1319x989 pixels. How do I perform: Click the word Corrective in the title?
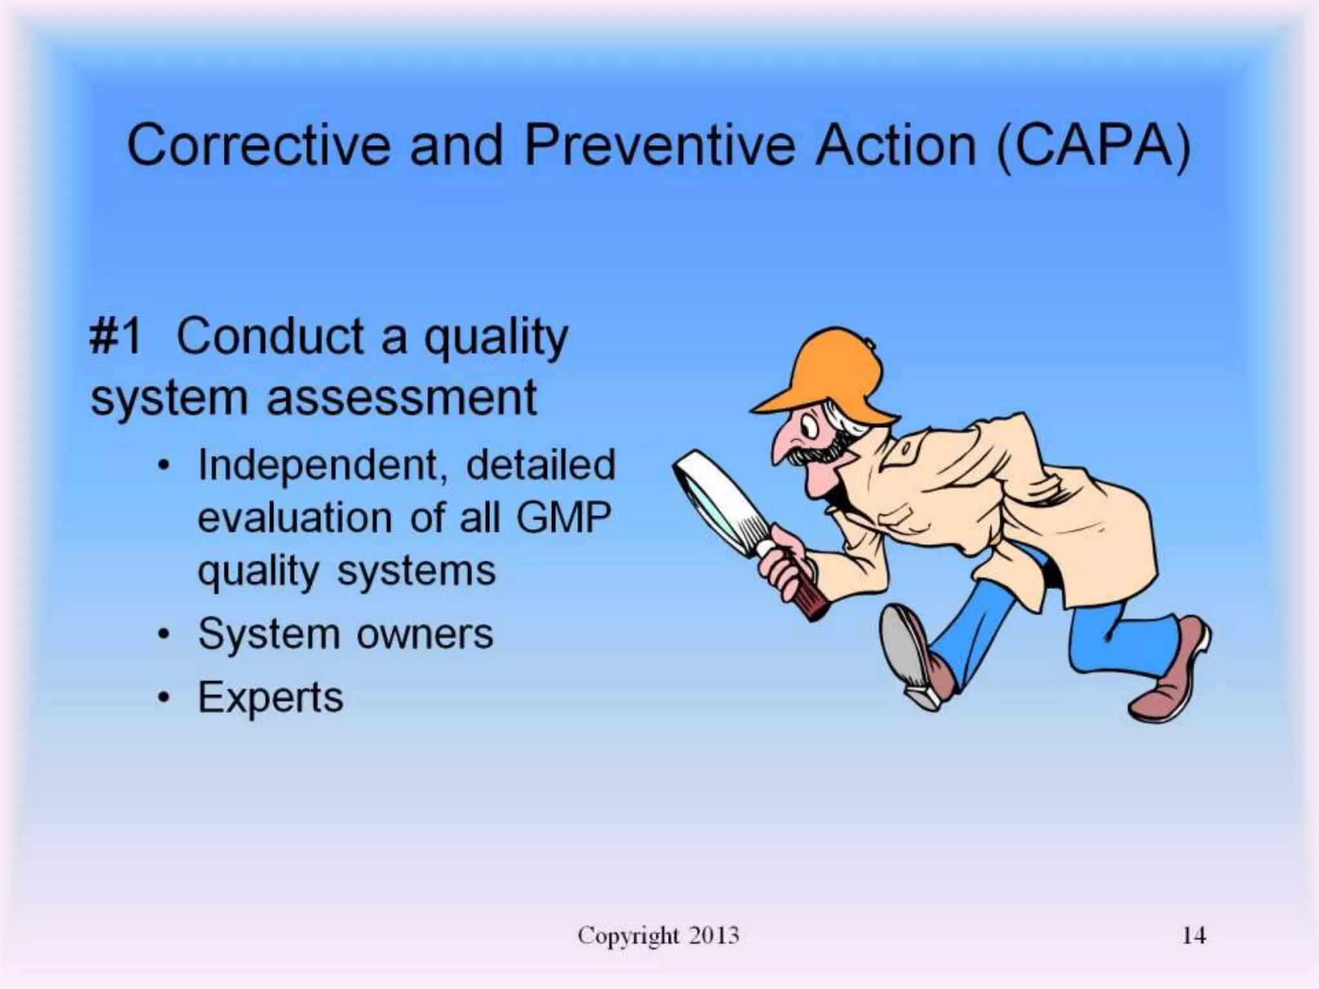(258, 146)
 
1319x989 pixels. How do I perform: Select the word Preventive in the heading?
(661, 146)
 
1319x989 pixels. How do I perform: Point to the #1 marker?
(116, 337)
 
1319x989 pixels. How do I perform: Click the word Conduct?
(270, 336)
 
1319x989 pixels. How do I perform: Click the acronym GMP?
(563, 517)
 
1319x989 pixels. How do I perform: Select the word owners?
(424, 634)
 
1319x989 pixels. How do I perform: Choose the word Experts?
(270, 697)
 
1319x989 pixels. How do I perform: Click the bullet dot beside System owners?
(166, 635)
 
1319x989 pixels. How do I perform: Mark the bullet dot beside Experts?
(166, 698)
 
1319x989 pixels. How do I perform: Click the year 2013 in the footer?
(713, 935)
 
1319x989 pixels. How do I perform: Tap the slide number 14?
(1193, 935)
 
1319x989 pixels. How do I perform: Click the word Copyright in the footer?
(628, 935)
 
